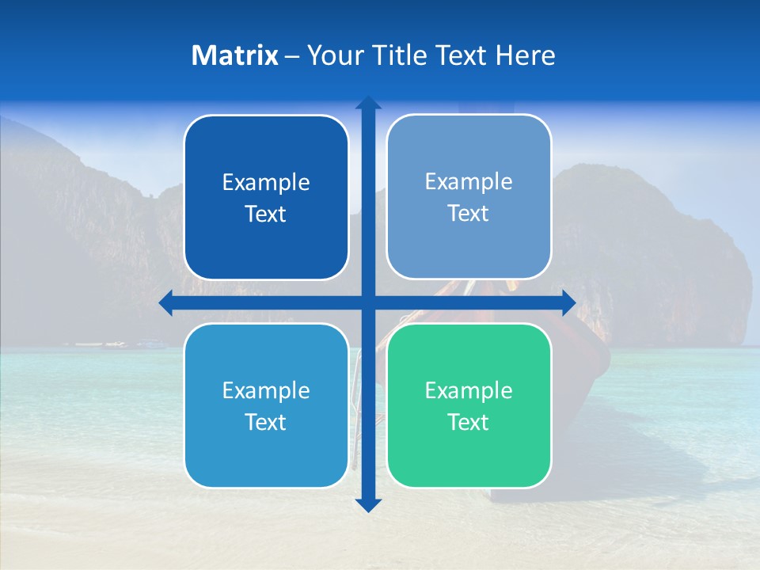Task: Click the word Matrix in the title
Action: click(235, 55)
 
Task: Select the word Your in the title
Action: click(332, 55)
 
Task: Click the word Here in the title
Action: click(526, 55)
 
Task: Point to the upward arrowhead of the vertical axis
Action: click(368, 103)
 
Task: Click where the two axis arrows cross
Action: click(368, 303)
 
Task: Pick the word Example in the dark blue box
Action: click(266, 183)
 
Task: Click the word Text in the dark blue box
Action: click(266, 215)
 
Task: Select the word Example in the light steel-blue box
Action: click(469, 182)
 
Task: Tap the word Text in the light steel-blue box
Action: click(469, 214)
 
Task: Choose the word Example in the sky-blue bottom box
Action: click(266, 391)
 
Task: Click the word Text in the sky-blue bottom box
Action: click(266, 423)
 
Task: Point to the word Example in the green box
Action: click(469, 391)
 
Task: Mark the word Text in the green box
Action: click(469, 423)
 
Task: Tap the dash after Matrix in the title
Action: click(292, 56)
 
